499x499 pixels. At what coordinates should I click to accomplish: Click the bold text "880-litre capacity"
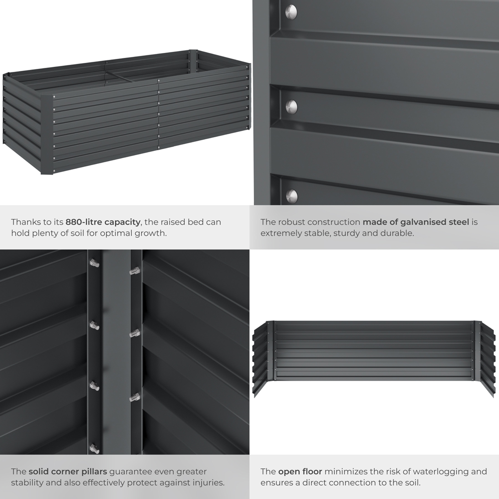click(103, 222)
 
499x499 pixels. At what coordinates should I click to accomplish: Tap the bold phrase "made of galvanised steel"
click(416, 222)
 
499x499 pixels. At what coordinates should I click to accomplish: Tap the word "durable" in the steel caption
click(397, 233)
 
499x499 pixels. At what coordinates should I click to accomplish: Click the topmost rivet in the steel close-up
click(291, 11)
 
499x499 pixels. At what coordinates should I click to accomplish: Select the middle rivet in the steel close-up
click(291, 106)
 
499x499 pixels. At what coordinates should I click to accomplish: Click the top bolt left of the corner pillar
click(94, 263)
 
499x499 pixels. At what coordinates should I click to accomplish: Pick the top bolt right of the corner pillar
click(134, 271)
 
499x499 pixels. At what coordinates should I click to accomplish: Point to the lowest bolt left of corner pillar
click(94, 448)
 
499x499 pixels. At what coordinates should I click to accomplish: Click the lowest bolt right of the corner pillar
click(134, 397)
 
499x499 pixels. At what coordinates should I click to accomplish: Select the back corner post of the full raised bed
click(194, 60)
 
